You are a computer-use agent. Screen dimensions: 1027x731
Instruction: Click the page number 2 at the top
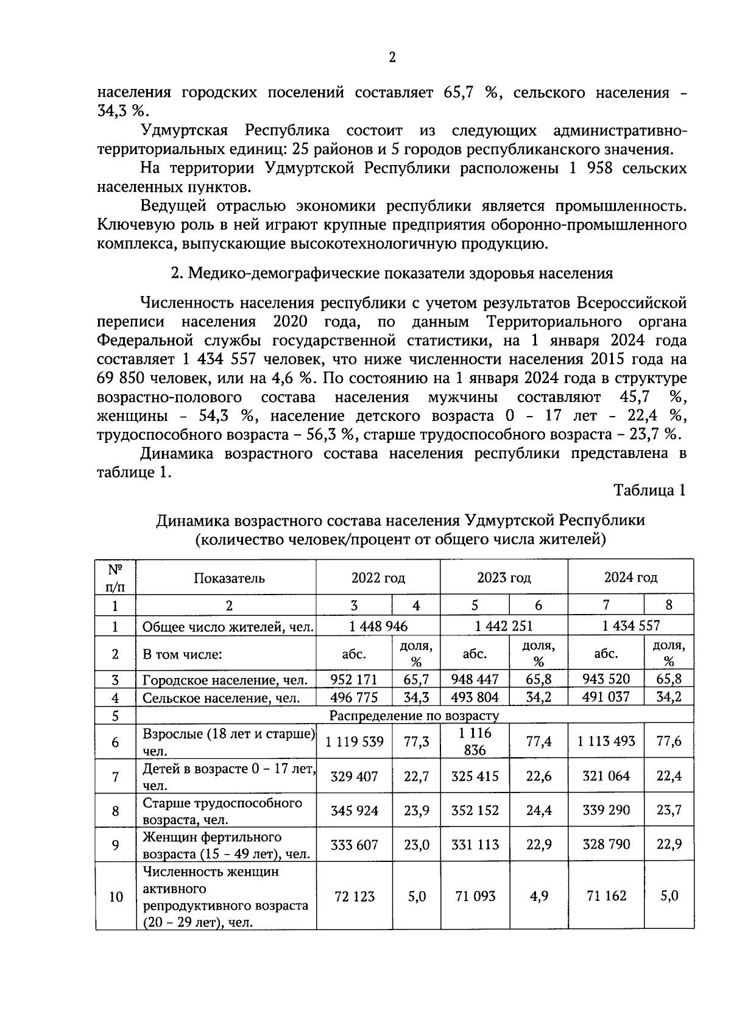click(392, 57)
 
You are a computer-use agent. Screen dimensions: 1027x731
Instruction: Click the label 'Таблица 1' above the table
click(649, 490)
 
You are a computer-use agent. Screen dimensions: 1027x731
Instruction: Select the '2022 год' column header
click(378, 577)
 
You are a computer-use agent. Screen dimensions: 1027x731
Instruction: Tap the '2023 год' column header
click(504, 577)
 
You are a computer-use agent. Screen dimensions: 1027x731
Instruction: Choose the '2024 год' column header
click(630, 577)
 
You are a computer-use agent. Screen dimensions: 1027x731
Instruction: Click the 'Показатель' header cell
click(229, 578)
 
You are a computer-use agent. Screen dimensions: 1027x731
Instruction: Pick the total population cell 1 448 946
click(378, 626)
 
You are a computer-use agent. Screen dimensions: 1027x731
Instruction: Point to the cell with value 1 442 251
click(504, 626)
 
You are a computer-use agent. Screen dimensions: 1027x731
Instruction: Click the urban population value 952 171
click(354, 679)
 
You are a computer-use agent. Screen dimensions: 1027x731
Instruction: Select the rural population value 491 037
click(606, 697)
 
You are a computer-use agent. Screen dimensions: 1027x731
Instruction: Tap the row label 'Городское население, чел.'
click(225, 680)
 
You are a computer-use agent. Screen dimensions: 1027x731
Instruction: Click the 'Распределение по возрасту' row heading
click(414, 715)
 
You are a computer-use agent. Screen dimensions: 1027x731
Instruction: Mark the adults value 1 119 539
click(355, 741)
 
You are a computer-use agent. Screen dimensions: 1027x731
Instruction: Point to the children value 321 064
click(606, 776)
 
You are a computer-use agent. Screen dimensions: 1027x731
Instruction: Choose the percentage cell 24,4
click(539, 811)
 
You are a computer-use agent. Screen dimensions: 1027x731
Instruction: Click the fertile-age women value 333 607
click(355, 845)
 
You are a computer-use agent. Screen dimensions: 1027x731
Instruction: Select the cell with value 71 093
click(475, 897)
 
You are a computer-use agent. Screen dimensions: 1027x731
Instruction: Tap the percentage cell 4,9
click(539, 897)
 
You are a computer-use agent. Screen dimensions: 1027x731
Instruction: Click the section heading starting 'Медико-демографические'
click(399, 274)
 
